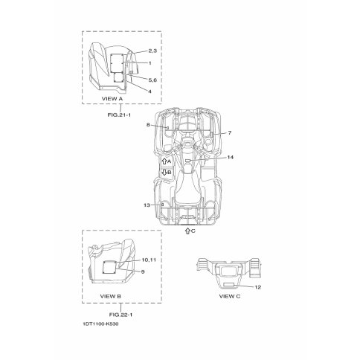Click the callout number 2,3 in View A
pyautogui.click(x=152, y=51)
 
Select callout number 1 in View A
pyautogui.click(x=150, y=63)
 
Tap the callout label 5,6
pyautogui.click(x=152, y=80)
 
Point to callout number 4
pyautogui.click(x=150, y=91)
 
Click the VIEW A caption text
pyautogui.click(x=112, y=99)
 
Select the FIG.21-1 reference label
pyautogui.click(x=119, y=115)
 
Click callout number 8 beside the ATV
pyautogui.click(x=148, y=125)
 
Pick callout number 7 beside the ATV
pyautogui.click(x=230, y=133)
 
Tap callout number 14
pyautogui.click(x=231, y=157)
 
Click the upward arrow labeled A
pyautogui.click(x=164, y=161)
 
